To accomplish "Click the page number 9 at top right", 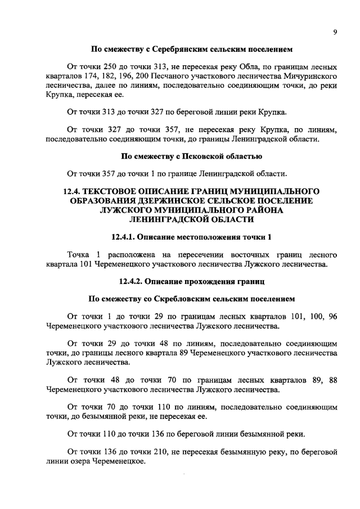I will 334,33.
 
